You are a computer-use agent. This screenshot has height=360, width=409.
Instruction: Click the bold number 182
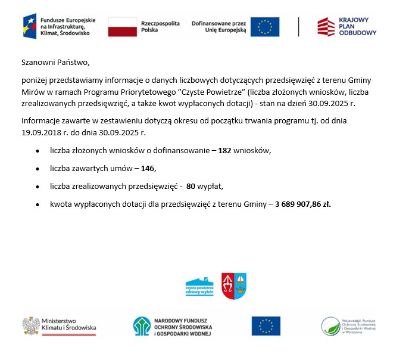pyautogui.click(x=224, y=151)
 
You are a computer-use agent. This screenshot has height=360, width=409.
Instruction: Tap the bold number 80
pyautogui.click(x=191, y=187)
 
